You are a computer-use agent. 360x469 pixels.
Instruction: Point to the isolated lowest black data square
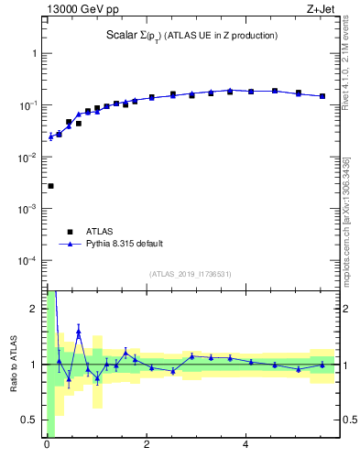tap(50, 186)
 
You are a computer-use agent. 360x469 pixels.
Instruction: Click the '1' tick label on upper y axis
tap(37, 53)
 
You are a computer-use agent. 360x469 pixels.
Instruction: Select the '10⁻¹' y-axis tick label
tap(32, 105)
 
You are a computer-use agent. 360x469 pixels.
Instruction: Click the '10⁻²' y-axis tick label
tap(32, 158)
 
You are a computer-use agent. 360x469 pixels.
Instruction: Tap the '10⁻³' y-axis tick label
tap(32, 209)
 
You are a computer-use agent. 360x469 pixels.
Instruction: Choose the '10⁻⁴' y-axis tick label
tap(32, 261)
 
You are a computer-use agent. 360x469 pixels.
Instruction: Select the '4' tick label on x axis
tap(245, 447)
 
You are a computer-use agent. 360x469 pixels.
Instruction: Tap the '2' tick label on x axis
tap(146, 447)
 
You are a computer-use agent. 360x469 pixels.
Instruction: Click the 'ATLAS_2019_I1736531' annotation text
tap(191, 274)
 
